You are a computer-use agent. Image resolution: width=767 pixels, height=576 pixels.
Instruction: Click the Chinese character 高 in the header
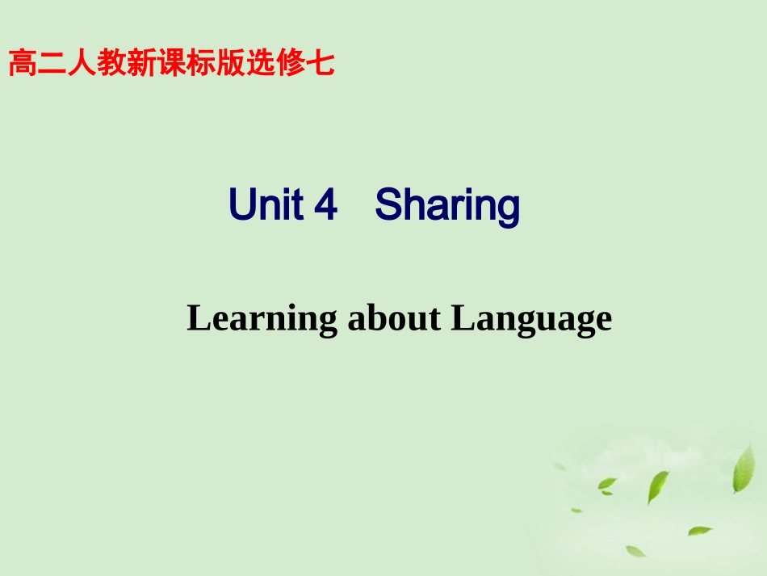pos(23,63)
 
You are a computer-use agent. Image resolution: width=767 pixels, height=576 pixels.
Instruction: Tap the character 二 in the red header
pos(53,63)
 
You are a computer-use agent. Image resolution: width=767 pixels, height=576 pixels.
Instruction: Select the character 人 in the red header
pos(83,63)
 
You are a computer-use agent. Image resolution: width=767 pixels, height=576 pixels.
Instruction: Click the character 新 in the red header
pos(142,63)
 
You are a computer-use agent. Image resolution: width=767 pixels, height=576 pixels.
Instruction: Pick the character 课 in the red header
pos(172,63)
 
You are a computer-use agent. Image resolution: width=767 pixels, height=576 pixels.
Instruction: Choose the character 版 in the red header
pos(231,63)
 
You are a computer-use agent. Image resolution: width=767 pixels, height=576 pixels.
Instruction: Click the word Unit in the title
pos(265,205)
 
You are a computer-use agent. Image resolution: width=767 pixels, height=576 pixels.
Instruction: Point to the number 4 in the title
pos(325,205)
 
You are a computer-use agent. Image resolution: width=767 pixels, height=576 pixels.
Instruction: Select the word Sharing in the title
pos(447,207)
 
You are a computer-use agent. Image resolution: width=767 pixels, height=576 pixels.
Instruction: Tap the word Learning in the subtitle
pos(262,320)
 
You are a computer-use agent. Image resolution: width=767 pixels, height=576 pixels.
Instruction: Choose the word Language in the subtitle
pos(531,320)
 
